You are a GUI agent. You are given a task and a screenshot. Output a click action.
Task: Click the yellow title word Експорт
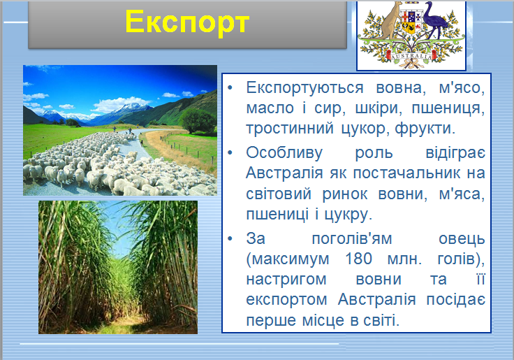[x=186, y=22]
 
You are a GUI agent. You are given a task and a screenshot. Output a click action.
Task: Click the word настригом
[x=286, y=279]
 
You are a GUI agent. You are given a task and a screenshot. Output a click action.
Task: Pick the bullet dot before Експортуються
[x=231, y=90]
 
